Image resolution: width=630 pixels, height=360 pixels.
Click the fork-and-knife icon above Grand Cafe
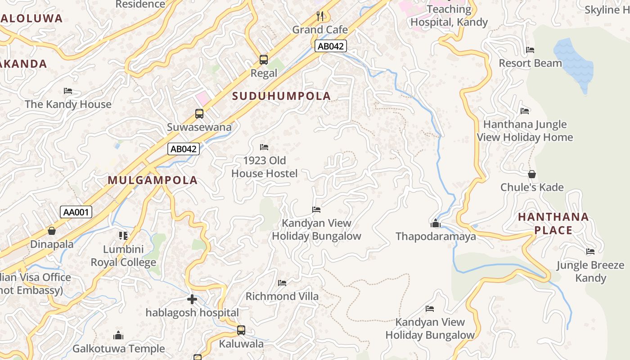coord(320,17)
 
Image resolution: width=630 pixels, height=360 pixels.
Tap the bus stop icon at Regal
coord(264,60)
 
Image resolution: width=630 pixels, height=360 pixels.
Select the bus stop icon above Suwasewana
coord(199,114)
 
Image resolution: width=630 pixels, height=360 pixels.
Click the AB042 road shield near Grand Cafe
coord(330,46)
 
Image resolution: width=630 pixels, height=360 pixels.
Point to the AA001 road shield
coord(76,212)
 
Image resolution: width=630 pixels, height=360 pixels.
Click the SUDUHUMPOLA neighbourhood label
coord(282,96)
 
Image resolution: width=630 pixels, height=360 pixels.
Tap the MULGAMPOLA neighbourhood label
coord(153,180)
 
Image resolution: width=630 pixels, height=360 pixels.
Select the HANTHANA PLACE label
coord(553,224)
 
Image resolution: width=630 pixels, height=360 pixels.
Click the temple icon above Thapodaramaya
coord(435,223)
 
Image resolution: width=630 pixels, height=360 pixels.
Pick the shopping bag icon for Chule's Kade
coord(532,174)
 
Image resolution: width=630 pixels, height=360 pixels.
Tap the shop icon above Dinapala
coord(52,231)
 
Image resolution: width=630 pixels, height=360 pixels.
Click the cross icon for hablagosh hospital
coord(192,299)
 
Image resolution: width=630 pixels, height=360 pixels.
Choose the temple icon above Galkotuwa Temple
coord(118,335)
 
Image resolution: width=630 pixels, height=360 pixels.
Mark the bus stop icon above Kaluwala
coord(241,330)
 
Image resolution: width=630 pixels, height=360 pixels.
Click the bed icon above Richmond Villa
coord(282,283)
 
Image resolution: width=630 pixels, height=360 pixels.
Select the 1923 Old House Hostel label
coord(265,167)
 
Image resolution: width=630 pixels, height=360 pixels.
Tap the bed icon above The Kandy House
coord(68,91)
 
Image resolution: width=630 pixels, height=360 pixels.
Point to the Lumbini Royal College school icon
coord(123,235)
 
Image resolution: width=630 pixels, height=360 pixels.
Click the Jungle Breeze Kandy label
coord(590,271)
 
